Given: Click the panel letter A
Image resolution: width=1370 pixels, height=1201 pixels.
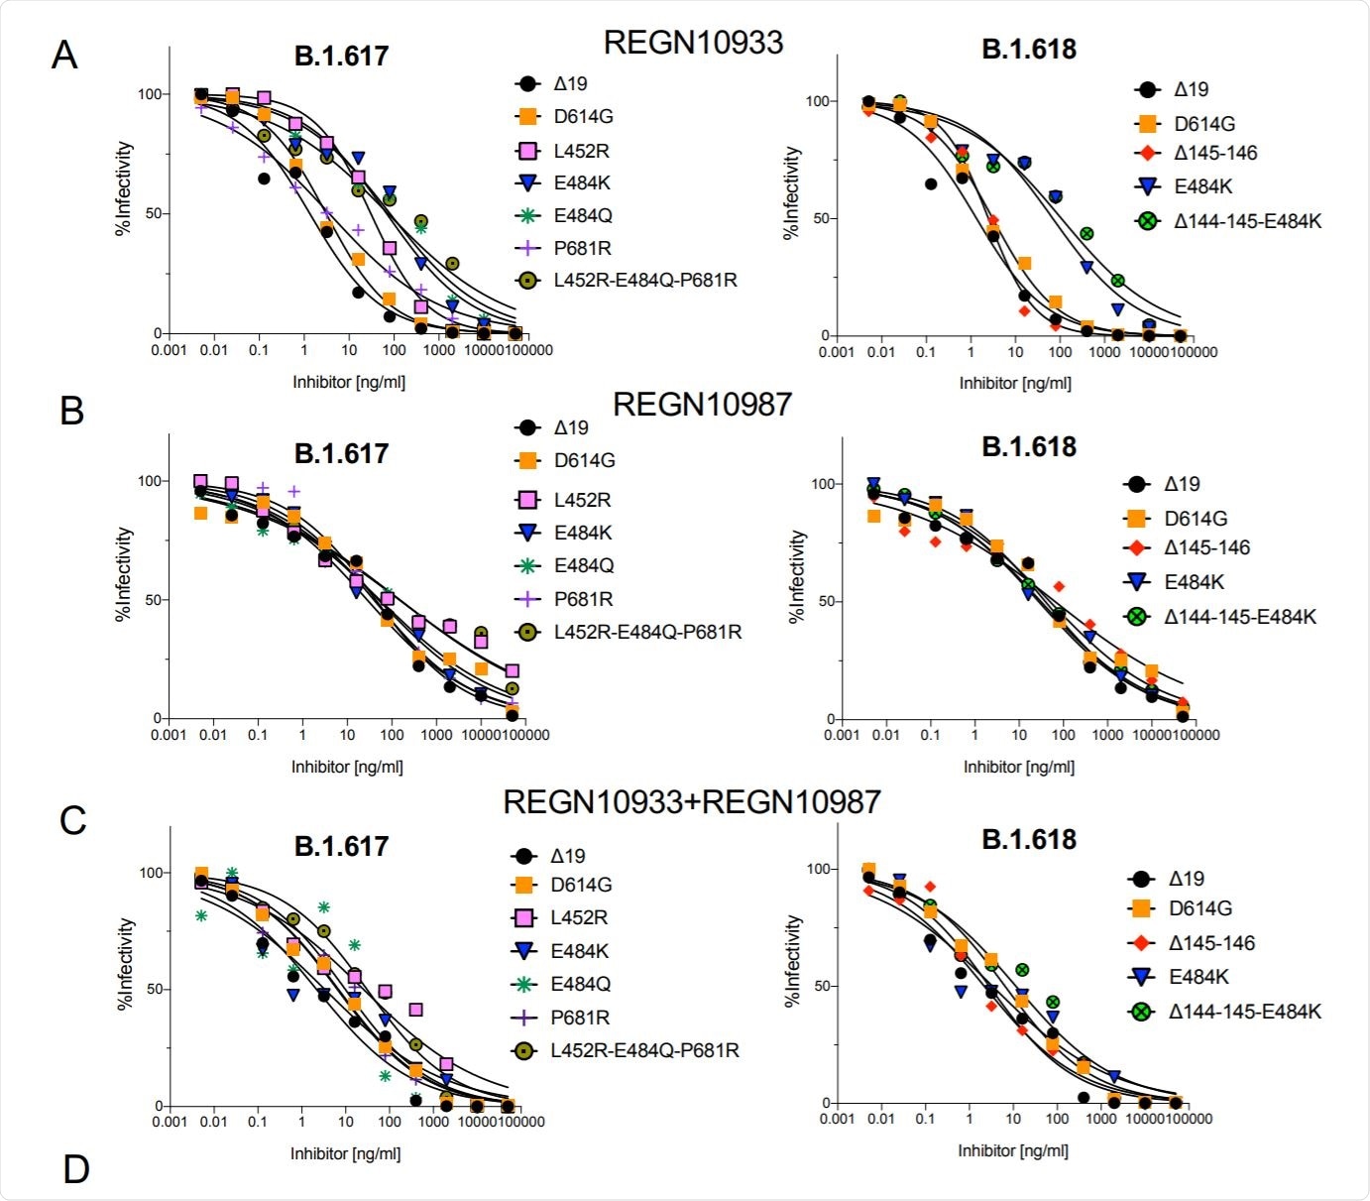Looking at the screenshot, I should (64, 56).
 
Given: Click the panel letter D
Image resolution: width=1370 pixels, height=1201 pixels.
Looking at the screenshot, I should (75, 1169).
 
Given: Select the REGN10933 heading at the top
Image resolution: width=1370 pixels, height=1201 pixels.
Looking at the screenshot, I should (693, 43).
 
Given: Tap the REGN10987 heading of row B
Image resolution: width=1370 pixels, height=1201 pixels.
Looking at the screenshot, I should (702, 405).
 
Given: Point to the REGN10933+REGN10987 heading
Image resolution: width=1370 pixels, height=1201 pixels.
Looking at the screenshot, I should (691, 801).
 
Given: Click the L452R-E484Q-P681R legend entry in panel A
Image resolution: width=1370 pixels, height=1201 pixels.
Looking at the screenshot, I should (644, 281).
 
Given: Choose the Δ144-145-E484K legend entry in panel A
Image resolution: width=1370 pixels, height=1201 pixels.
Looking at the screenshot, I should (1247, 221).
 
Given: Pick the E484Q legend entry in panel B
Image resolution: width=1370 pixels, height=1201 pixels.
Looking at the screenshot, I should (583, 565).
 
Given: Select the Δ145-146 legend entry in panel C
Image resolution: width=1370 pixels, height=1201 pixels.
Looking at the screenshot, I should (1211, 943).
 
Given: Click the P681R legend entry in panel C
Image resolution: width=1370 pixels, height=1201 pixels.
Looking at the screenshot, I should (580, 1018).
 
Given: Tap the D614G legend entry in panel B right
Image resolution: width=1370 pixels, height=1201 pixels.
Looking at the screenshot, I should (1196, 518).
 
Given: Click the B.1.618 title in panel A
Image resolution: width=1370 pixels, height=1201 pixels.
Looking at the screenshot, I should (1028, 50).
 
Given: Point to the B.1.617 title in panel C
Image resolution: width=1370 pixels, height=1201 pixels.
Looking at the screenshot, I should (341, 846).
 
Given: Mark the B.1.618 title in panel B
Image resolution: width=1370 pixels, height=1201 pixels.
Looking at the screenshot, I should (1028, 447).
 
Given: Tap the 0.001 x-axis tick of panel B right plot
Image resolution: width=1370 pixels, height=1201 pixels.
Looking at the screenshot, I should (841, 735).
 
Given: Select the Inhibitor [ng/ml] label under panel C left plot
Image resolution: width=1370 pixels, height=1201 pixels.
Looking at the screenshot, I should (345, 1153).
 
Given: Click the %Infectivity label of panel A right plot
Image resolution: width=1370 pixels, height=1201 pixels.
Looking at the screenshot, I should (791, 193).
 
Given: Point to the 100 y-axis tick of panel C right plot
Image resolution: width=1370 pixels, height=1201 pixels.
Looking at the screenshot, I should (819, 869).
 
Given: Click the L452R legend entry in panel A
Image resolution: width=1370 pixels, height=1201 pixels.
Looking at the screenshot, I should (581, 151).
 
